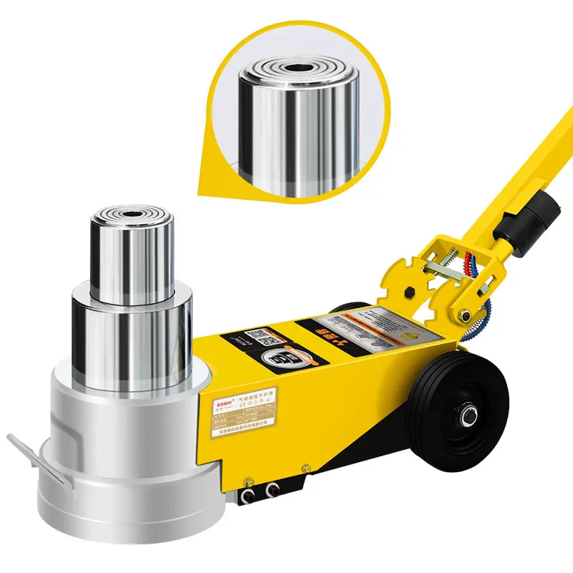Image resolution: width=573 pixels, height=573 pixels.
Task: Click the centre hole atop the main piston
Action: [x=131, y=213]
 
